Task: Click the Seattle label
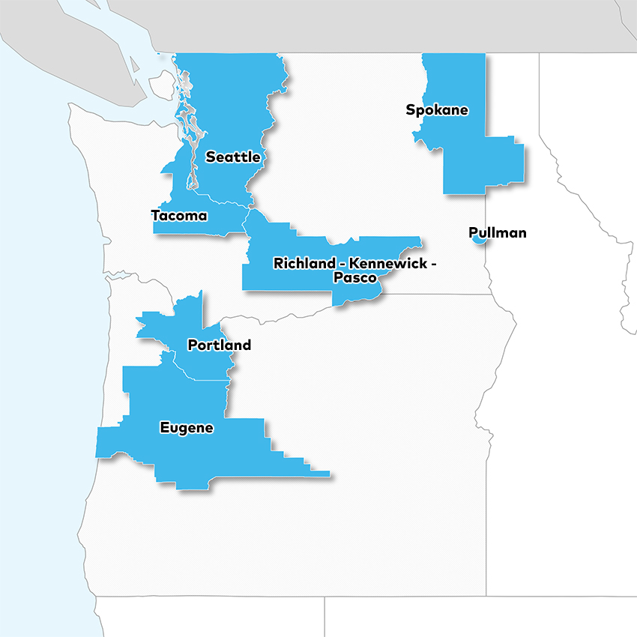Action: click(233, 157)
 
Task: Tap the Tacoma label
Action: click(179, 216)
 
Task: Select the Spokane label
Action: click(437, 110)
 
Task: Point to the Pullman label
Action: click(497, 233)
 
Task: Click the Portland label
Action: click(219, 345)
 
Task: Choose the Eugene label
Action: click(187, 428)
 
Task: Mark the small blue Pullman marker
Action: click(476, 239)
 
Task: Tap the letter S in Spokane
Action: click(411, 110)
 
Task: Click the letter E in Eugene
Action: click(165, 428)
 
